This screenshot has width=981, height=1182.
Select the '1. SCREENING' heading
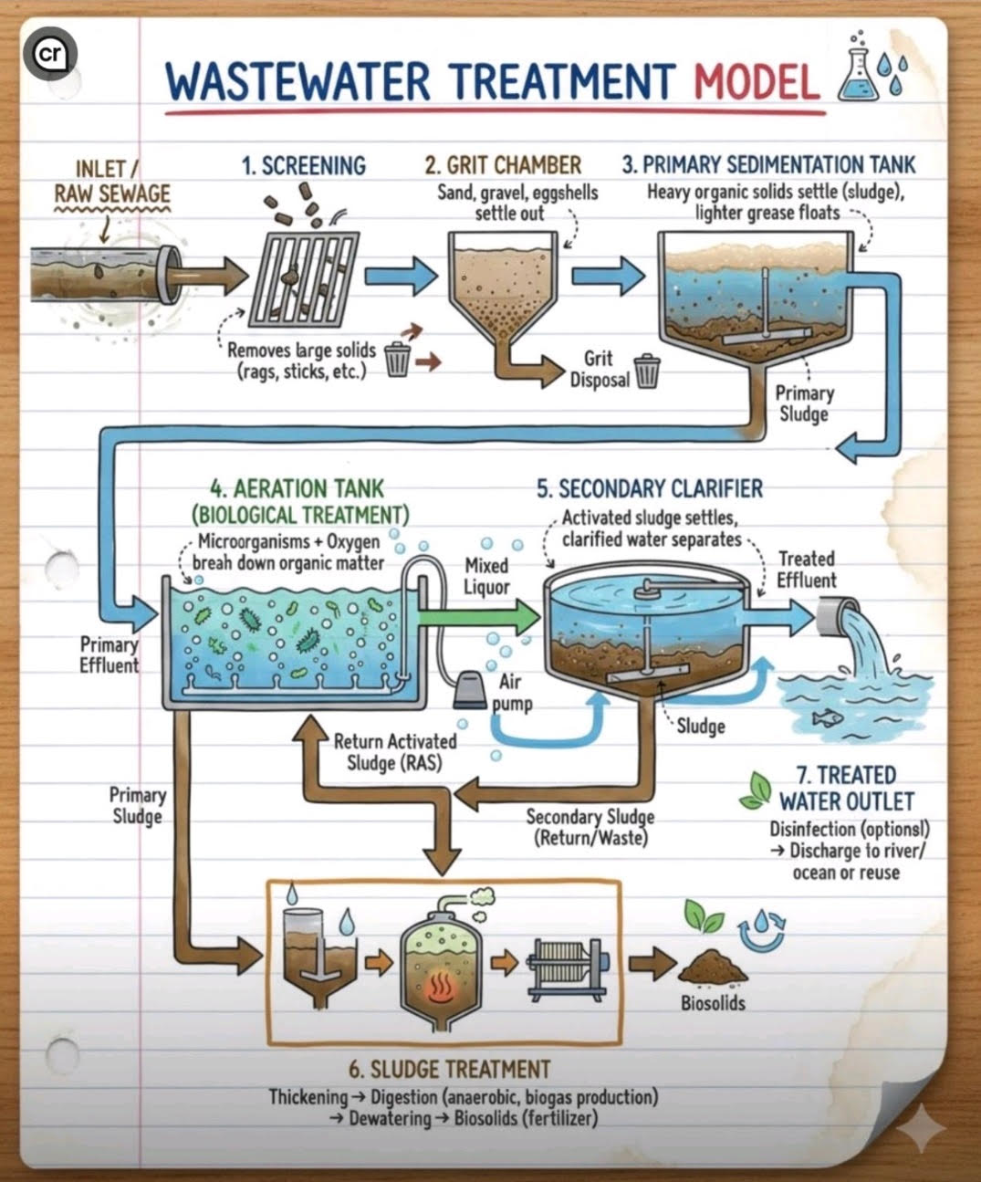303,166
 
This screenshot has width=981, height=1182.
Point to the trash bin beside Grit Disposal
646,371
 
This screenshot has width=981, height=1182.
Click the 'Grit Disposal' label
600,369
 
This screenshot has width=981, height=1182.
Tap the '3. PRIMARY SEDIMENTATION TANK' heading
768,164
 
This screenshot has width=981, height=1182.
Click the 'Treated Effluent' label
806,570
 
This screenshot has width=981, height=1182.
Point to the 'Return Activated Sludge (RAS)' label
394,751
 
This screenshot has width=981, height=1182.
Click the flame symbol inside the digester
440,983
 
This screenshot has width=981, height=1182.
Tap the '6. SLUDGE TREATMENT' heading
451,1069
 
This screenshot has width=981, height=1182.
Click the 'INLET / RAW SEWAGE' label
110,181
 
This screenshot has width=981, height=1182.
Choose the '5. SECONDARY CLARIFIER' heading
649,488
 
